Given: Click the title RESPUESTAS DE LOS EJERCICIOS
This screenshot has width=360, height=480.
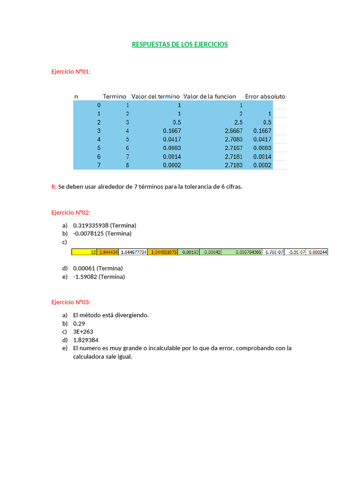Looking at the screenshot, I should point(180,45).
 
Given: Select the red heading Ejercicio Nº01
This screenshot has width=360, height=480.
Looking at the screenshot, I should point(70,72).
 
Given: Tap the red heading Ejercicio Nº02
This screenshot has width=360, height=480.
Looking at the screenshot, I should point(70,212).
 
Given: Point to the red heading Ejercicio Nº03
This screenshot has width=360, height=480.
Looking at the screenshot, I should point(70,302).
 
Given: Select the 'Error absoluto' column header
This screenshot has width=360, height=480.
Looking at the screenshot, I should point(265,97).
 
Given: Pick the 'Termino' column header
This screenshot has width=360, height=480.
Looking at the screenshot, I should point(115,97).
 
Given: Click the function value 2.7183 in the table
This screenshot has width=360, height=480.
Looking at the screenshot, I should point(233,165).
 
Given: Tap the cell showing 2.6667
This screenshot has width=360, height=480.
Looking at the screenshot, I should point(233,131).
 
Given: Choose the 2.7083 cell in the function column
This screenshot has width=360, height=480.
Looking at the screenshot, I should point(233,140).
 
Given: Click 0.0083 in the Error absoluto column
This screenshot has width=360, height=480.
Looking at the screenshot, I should point(262,148).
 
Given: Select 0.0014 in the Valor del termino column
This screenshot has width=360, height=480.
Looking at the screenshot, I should point(172,157).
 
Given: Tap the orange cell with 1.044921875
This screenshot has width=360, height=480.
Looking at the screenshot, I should point(162,252).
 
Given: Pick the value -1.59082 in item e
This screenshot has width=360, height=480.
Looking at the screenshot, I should point(86,277).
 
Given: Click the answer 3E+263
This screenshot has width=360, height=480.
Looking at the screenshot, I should point(83,332).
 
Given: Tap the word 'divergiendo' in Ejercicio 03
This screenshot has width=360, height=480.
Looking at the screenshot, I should point(133,315).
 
